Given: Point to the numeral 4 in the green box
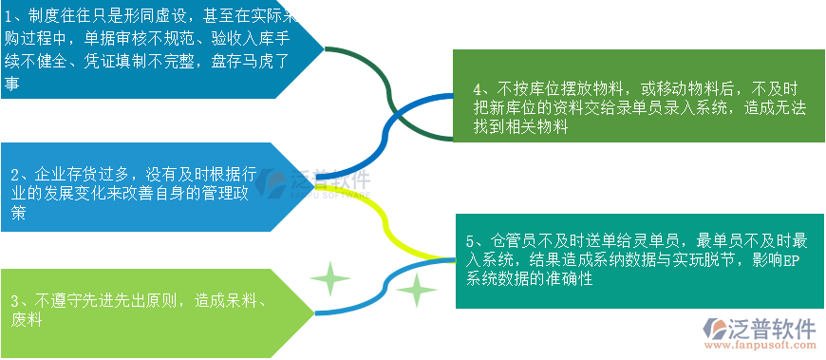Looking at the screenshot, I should [478, 89].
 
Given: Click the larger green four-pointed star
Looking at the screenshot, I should [329, 280].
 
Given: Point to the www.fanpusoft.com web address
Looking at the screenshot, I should [760, 349].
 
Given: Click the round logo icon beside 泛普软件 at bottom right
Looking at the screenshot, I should [713, 332].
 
